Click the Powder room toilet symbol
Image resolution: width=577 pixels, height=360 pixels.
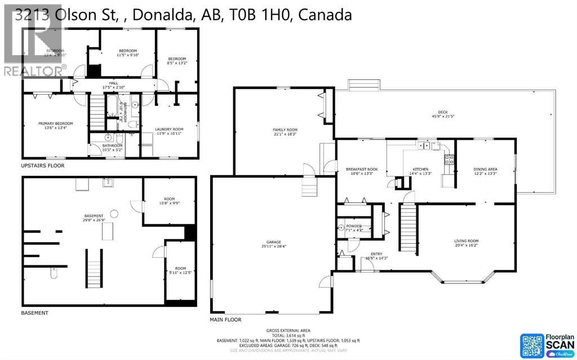pos(341,228)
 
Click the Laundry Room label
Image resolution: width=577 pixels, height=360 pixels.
pos(170,131)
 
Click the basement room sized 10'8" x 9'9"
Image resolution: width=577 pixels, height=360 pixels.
pos(170,200)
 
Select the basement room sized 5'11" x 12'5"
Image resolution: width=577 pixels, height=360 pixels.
pos(180,270)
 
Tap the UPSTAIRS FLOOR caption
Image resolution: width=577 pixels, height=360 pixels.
pos(43,166)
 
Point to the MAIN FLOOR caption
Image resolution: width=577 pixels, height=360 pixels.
pos(226,319)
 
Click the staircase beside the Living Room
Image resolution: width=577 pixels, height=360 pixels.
pos(408,229)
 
